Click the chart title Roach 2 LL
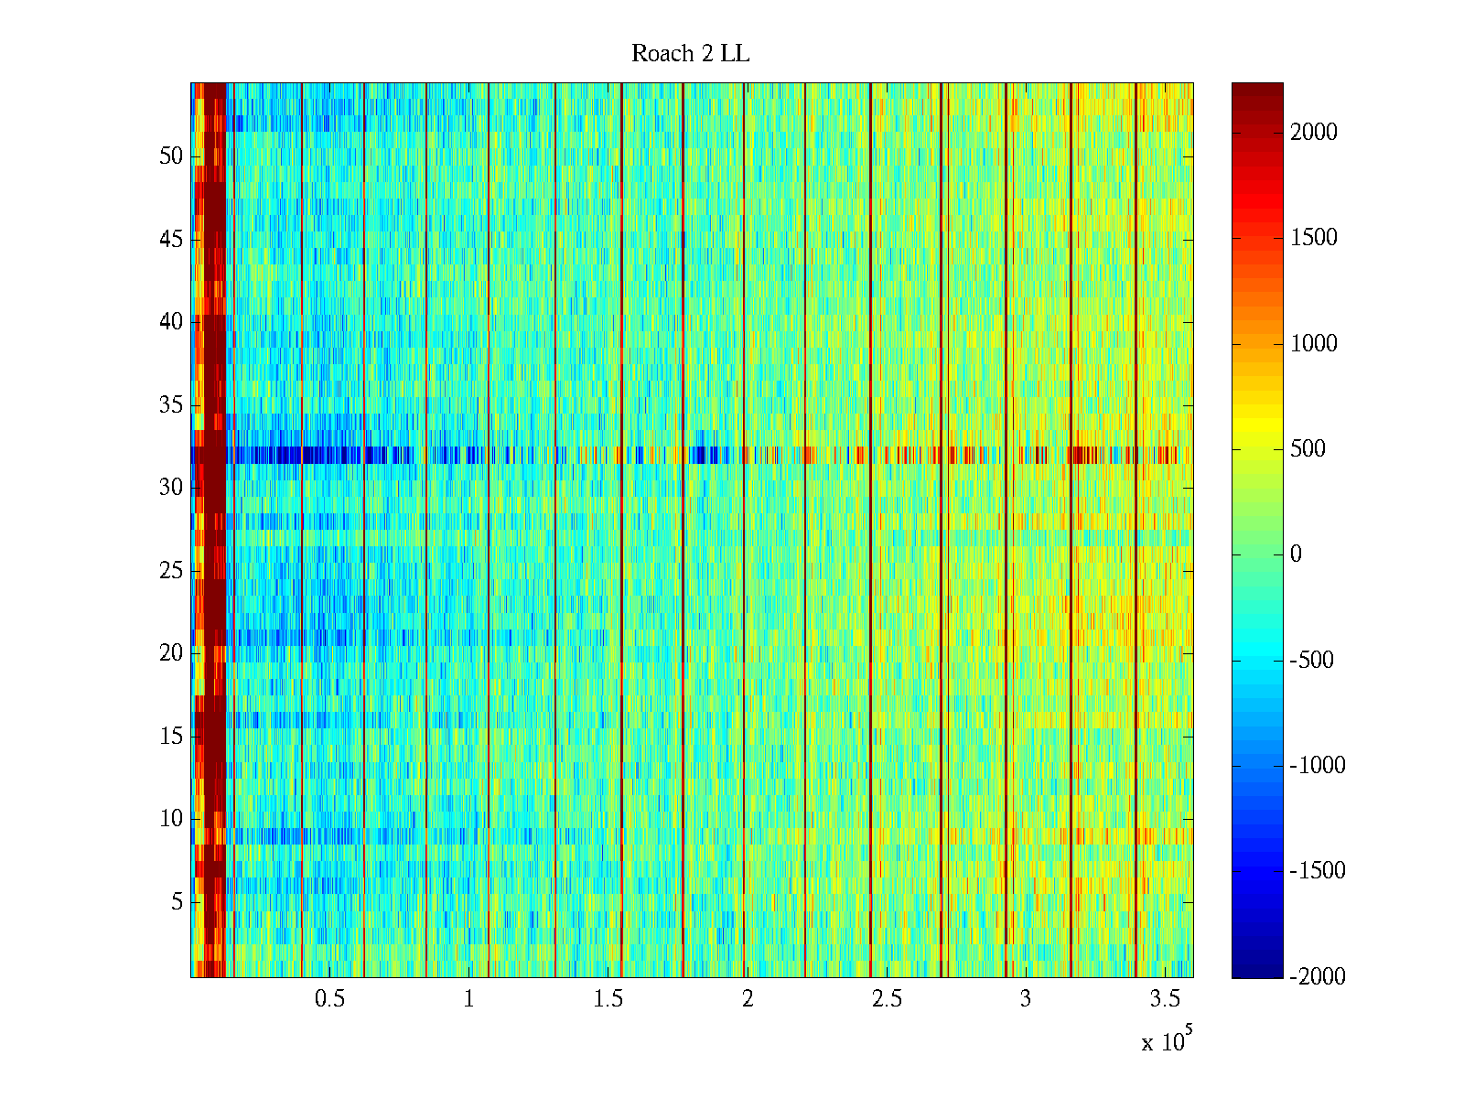[690, 54]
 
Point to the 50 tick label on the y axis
[171, 156]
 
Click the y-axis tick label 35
[171, 405]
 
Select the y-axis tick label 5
[177, 902]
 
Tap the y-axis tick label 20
[171, 653]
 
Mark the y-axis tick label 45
[171, 240]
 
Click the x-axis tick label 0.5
[330, 999]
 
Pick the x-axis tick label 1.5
[608, 999]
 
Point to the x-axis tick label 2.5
[887, 999]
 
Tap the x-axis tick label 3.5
[1165, 999]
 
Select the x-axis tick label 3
[1026, 999]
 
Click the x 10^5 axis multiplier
[1167, 1040]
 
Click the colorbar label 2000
[1314, 133]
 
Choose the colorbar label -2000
[1318, 976]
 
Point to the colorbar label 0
[1296, 554]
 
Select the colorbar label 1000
[1314, 344]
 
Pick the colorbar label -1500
[1318, 871]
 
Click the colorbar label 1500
[1314, 238]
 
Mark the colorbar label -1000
[1318, 766]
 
